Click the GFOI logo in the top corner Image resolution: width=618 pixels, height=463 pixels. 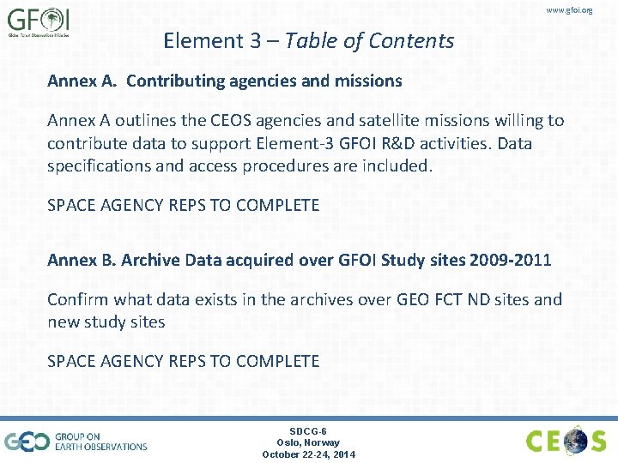pyautogui.click(x=38, y=22)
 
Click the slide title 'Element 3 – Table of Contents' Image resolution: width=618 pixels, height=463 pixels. pyautogui.click(x=308, y=40)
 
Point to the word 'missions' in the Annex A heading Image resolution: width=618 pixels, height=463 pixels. pyautogui.click(x=369, y=81)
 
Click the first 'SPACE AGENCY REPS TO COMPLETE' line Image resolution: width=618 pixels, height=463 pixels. pyautogui.click(x=183, y=206)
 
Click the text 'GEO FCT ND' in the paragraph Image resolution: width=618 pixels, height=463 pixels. pyautogui.click(x=451, y=299)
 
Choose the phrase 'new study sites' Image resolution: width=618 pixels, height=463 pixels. pyautogui.click(x=106, y=322)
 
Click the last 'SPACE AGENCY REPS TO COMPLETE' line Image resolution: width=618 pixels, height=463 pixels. pyautogui.click(x=183, y=361)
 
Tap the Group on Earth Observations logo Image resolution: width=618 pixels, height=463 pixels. pyautogui.click(x=76, y=441)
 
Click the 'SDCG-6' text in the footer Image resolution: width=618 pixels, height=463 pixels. pyautogui.click(x=308, y=430)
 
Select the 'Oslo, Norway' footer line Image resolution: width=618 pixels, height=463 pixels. pyautogui.click(x=308, y=442)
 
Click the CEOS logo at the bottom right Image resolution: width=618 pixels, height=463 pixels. pyautogui.click(x=566, y=441)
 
